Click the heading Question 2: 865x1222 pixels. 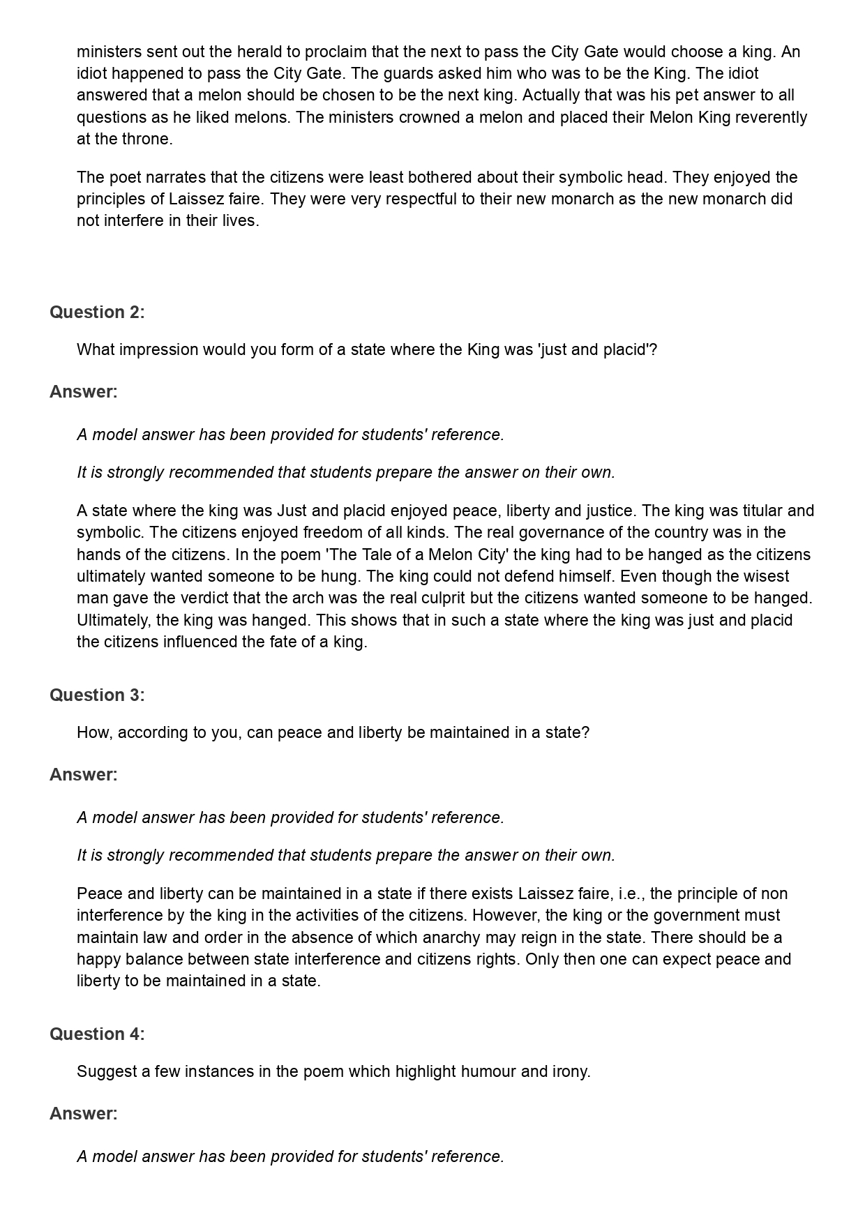pos(97,312)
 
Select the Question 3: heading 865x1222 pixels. pos(97,695)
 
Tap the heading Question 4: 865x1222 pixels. pos(97,1034)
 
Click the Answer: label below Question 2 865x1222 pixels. pos(84,392)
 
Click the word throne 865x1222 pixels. pos(148,139)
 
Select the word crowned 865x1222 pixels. pos(427,117)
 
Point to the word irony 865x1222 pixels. pos(571,1071)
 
